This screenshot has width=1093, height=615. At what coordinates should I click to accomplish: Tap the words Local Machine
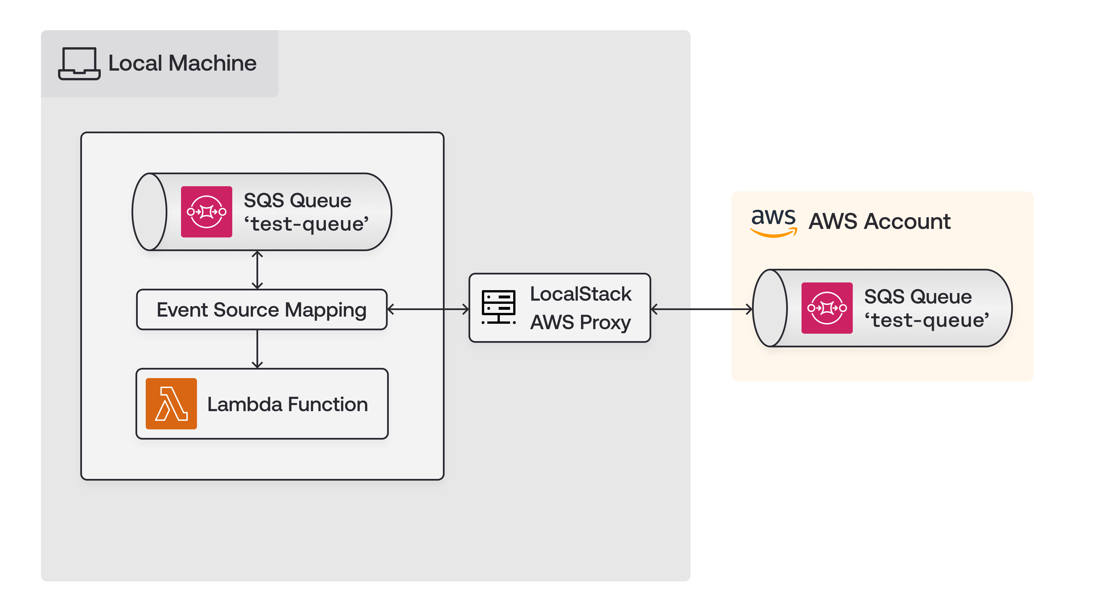coord(182,63)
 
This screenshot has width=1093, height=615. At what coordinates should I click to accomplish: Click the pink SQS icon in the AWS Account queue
coord(827,308)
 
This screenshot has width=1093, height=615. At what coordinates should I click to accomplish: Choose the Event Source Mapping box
coord(261,309)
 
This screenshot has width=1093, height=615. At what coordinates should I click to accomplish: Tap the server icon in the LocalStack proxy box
coord(499,307)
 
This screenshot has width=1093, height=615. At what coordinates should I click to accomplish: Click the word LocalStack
coord(580,294)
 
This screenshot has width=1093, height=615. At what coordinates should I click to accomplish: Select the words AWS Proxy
coord(580,322)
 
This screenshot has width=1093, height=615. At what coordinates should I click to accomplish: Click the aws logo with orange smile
coord(773,222)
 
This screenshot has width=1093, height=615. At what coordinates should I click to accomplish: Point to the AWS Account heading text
coord(879,221)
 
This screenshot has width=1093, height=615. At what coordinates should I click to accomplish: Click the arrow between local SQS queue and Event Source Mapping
coord(257,270)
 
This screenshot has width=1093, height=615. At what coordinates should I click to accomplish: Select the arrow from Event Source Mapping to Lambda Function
coord(257,349)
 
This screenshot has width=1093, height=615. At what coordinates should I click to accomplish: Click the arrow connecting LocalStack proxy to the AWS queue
coord(701,309)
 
